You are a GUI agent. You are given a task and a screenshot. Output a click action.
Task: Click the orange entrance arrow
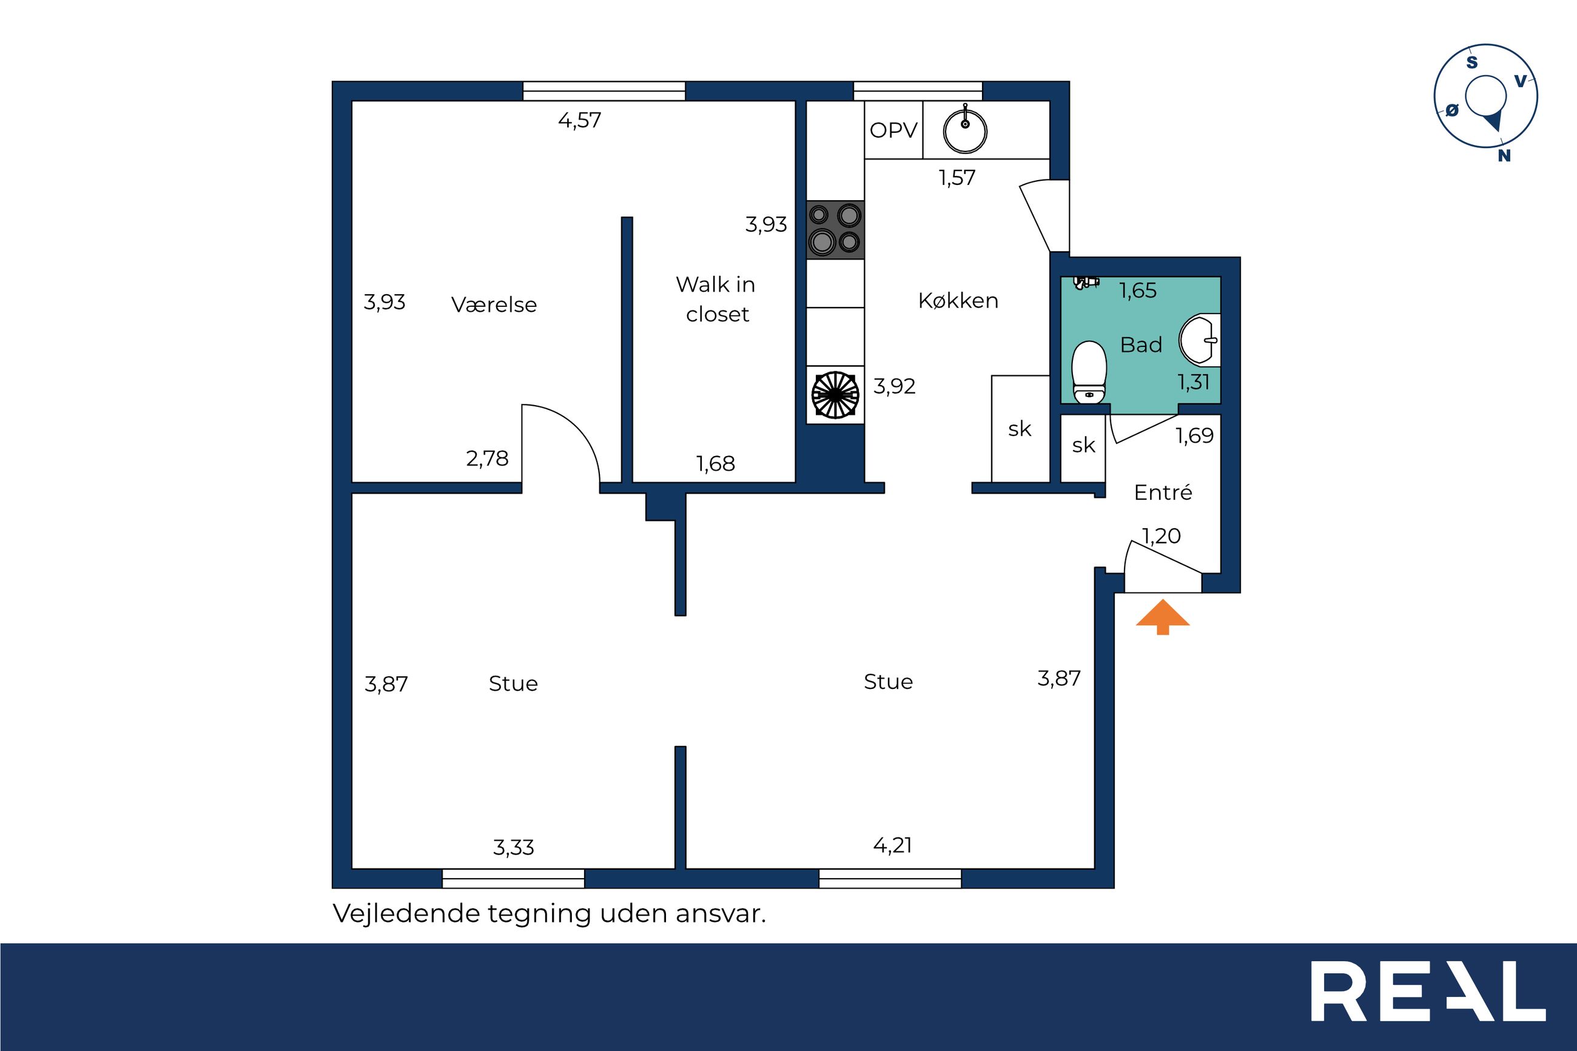click(1162, 617)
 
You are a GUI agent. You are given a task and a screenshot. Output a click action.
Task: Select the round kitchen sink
click(965, 130)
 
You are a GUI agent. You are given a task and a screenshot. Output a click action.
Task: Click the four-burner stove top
click(835, 229)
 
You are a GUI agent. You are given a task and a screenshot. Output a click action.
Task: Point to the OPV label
click(893, 130)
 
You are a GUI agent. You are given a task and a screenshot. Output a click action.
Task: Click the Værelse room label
click(494, 304)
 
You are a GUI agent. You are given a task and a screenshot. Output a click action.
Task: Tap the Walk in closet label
click(716, 299)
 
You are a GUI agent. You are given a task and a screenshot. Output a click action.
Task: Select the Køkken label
click(958, 300)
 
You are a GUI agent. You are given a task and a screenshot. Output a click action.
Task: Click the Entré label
click(1163, 492)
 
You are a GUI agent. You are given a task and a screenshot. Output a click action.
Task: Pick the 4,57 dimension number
click(580, 121)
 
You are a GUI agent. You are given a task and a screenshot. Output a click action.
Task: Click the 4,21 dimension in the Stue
click(893, 845)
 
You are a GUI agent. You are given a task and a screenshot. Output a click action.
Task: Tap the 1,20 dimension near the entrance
click(1162, 536)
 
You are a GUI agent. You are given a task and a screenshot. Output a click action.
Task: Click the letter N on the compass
click(1505, 155)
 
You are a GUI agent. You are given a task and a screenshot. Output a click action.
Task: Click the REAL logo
click(1428, 1000)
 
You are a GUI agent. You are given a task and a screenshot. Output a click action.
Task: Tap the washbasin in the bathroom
click(1200, 340)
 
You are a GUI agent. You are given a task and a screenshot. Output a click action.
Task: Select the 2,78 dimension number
click(487, 458)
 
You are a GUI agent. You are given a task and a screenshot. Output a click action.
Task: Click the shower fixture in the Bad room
click(1086, 282)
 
